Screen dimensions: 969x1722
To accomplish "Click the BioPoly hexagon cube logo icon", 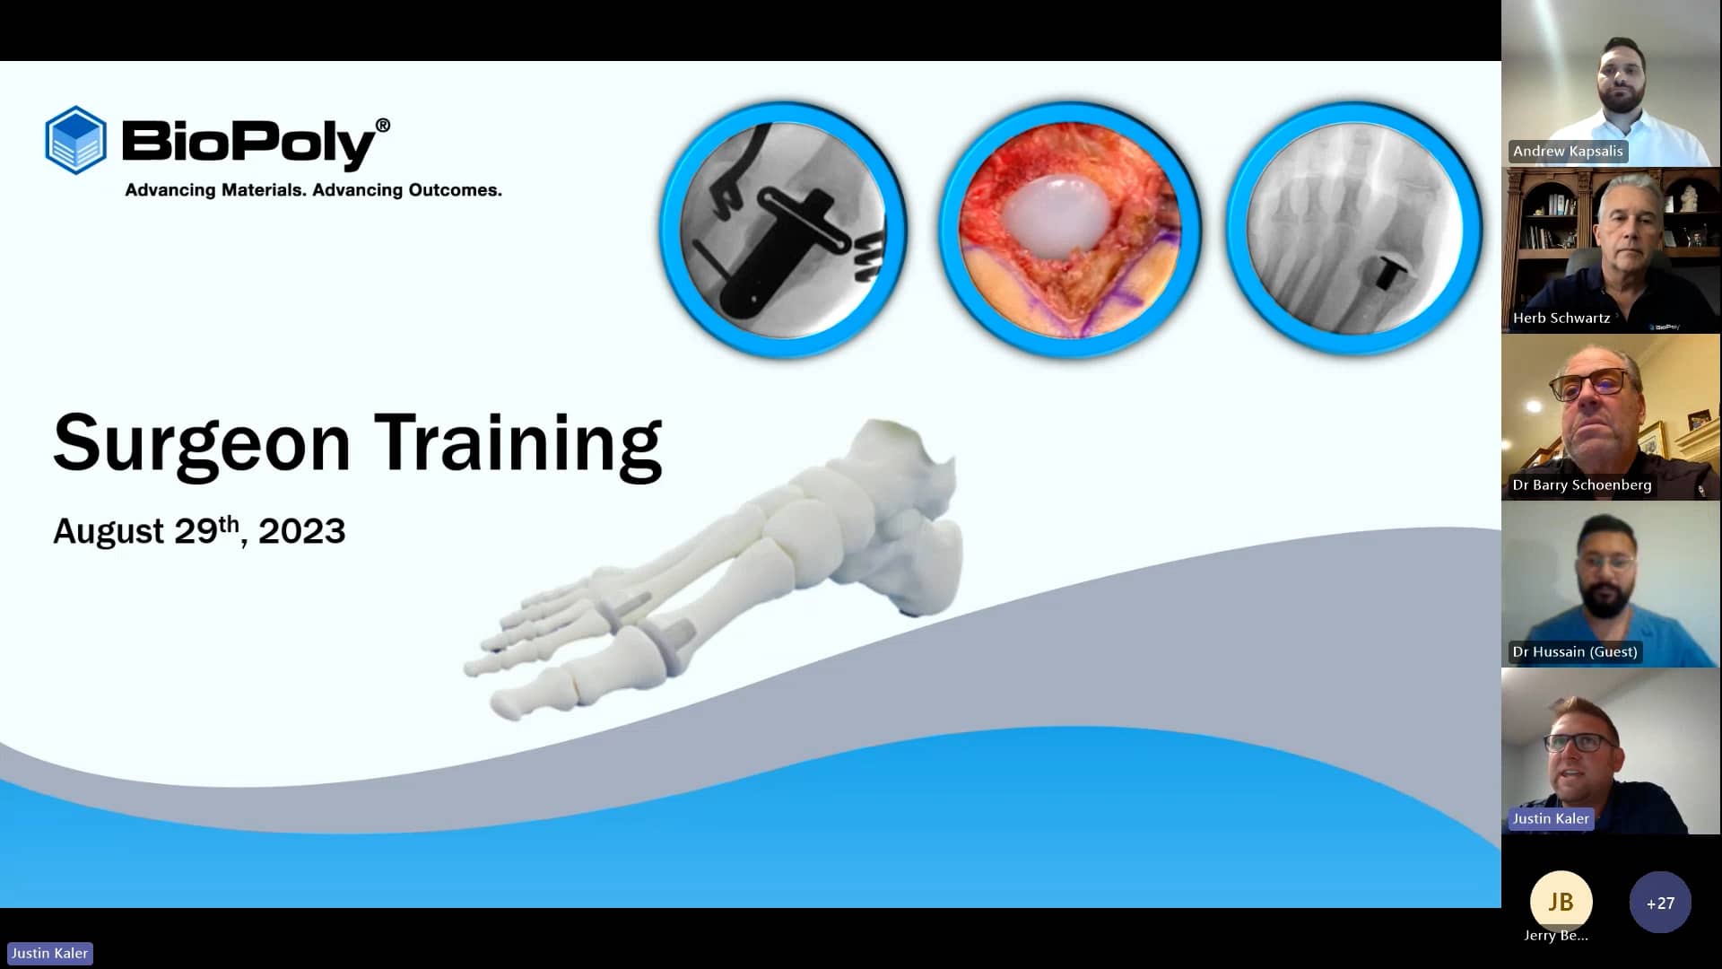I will [x=76, y=140].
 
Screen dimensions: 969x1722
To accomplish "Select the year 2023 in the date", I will [x=301, y=531].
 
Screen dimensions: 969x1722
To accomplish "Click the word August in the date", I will [x=108, y=531].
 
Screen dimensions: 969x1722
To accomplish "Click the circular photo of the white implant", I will [x=1069, y=230].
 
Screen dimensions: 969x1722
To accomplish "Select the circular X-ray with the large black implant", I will [x=783, y=230].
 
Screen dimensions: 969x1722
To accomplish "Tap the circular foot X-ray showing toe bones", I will [x=1353, y=230].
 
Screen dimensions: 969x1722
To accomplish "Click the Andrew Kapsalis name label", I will [x=1568, y=152].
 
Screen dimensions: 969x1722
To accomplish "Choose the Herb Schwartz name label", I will [x=1561, y=318].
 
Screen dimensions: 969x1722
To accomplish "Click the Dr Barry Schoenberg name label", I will [x=1581, y=484].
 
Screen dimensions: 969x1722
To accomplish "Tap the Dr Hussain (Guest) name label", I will [x=1574, y=651].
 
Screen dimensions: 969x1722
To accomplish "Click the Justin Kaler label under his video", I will [x=1550, y=818].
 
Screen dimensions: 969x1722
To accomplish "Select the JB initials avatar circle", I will [x=1561, y=901].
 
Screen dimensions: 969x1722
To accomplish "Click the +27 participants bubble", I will [x=1660, y=903].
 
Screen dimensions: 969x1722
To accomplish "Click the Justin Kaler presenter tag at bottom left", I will [x=50, y=954].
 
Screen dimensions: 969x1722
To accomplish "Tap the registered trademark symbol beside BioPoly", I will [x=383, y=126].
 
